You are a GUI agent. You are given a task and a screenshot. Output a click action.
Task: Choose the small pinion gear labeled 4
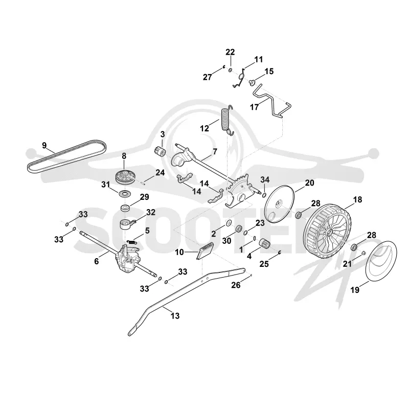point(263,244)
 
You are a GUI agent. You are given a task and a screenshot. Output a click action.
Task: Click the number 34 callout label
point(265,179)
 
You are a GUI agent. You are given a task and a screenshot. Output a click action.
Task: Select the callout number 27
point(208,77)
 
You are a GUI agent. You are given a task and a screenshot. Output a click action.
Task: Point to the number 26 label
point(236,285)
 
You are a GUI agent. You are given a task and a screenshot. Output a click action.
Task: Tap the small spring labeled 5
point(132,241)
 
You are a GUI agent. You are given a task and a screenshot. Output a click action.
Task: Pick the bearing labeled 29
point(125,209)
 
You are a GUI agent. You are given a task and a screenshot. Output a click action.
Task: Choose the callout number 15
point(269,71)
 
